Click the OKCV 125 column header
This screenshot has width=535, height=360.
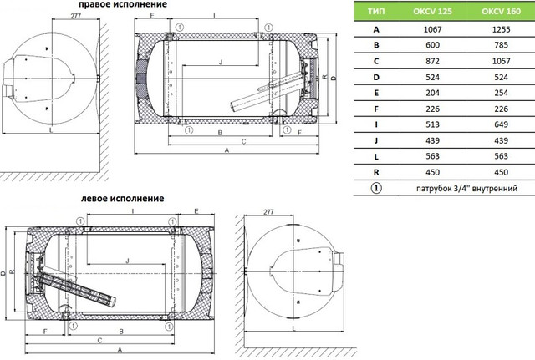(432, 11)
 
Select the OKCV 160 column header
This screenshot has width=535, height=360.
(501, 11)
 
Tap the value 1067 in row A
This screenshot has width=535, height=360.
(432, 30)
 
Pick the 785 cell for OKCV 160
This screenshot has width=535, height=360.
(501, 45)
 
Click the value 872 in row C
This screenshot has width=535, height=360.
(432, 61)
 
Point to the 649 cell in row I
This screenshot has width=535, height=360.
(501, 124)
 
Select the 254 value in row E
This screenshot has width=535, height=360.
(501, 93)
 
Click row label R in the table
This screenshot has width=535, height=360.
(376, 173)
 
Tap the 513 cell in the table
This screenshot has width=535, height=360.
(432, 124)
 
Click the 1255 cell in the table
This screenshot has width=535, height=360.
(501, 30)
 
